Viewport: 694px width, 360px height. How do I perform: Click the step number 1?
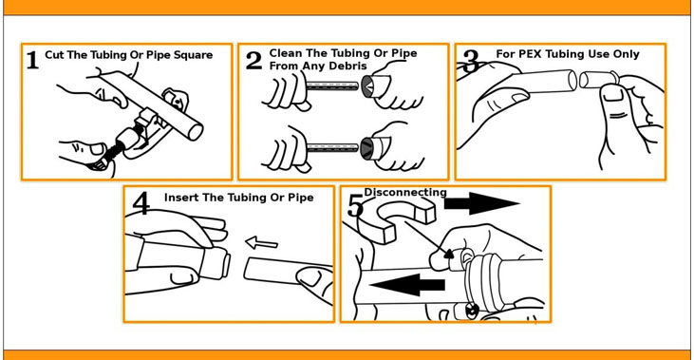(x=32, y=60)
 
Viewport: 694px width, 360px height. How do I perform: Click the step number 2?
(x=253, y=61)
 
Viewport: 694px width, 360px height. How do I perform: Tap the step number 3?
(x=471, y=61)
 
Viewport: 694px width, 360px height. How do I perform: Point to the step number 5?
(x=355, y=206)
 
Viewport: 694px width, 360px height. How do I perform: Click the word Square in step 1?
(x=193, y=55)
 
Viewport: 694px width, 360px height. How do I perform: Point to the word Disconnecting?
(x=405, y=192)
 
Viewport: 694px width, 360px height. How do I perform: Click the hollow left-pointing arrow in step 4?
(x=262, y=242)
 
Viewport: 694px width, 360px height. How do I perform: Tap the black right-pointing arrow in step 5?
(x=481, y=203)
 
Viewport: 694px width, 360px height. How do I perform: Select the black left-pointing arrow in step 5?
(x=406, y=285)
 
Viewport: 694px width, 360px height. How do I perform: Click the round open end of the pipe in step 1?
(x=196, y=131)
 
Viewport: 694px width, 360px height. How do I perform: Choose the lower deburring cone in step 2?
(x=370, y=148)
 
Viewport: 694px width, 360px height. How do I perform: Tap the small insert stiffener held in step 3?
(x=596, y=79)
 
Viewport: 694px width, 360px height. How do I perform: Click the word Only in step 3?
(x=627, y=54)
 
